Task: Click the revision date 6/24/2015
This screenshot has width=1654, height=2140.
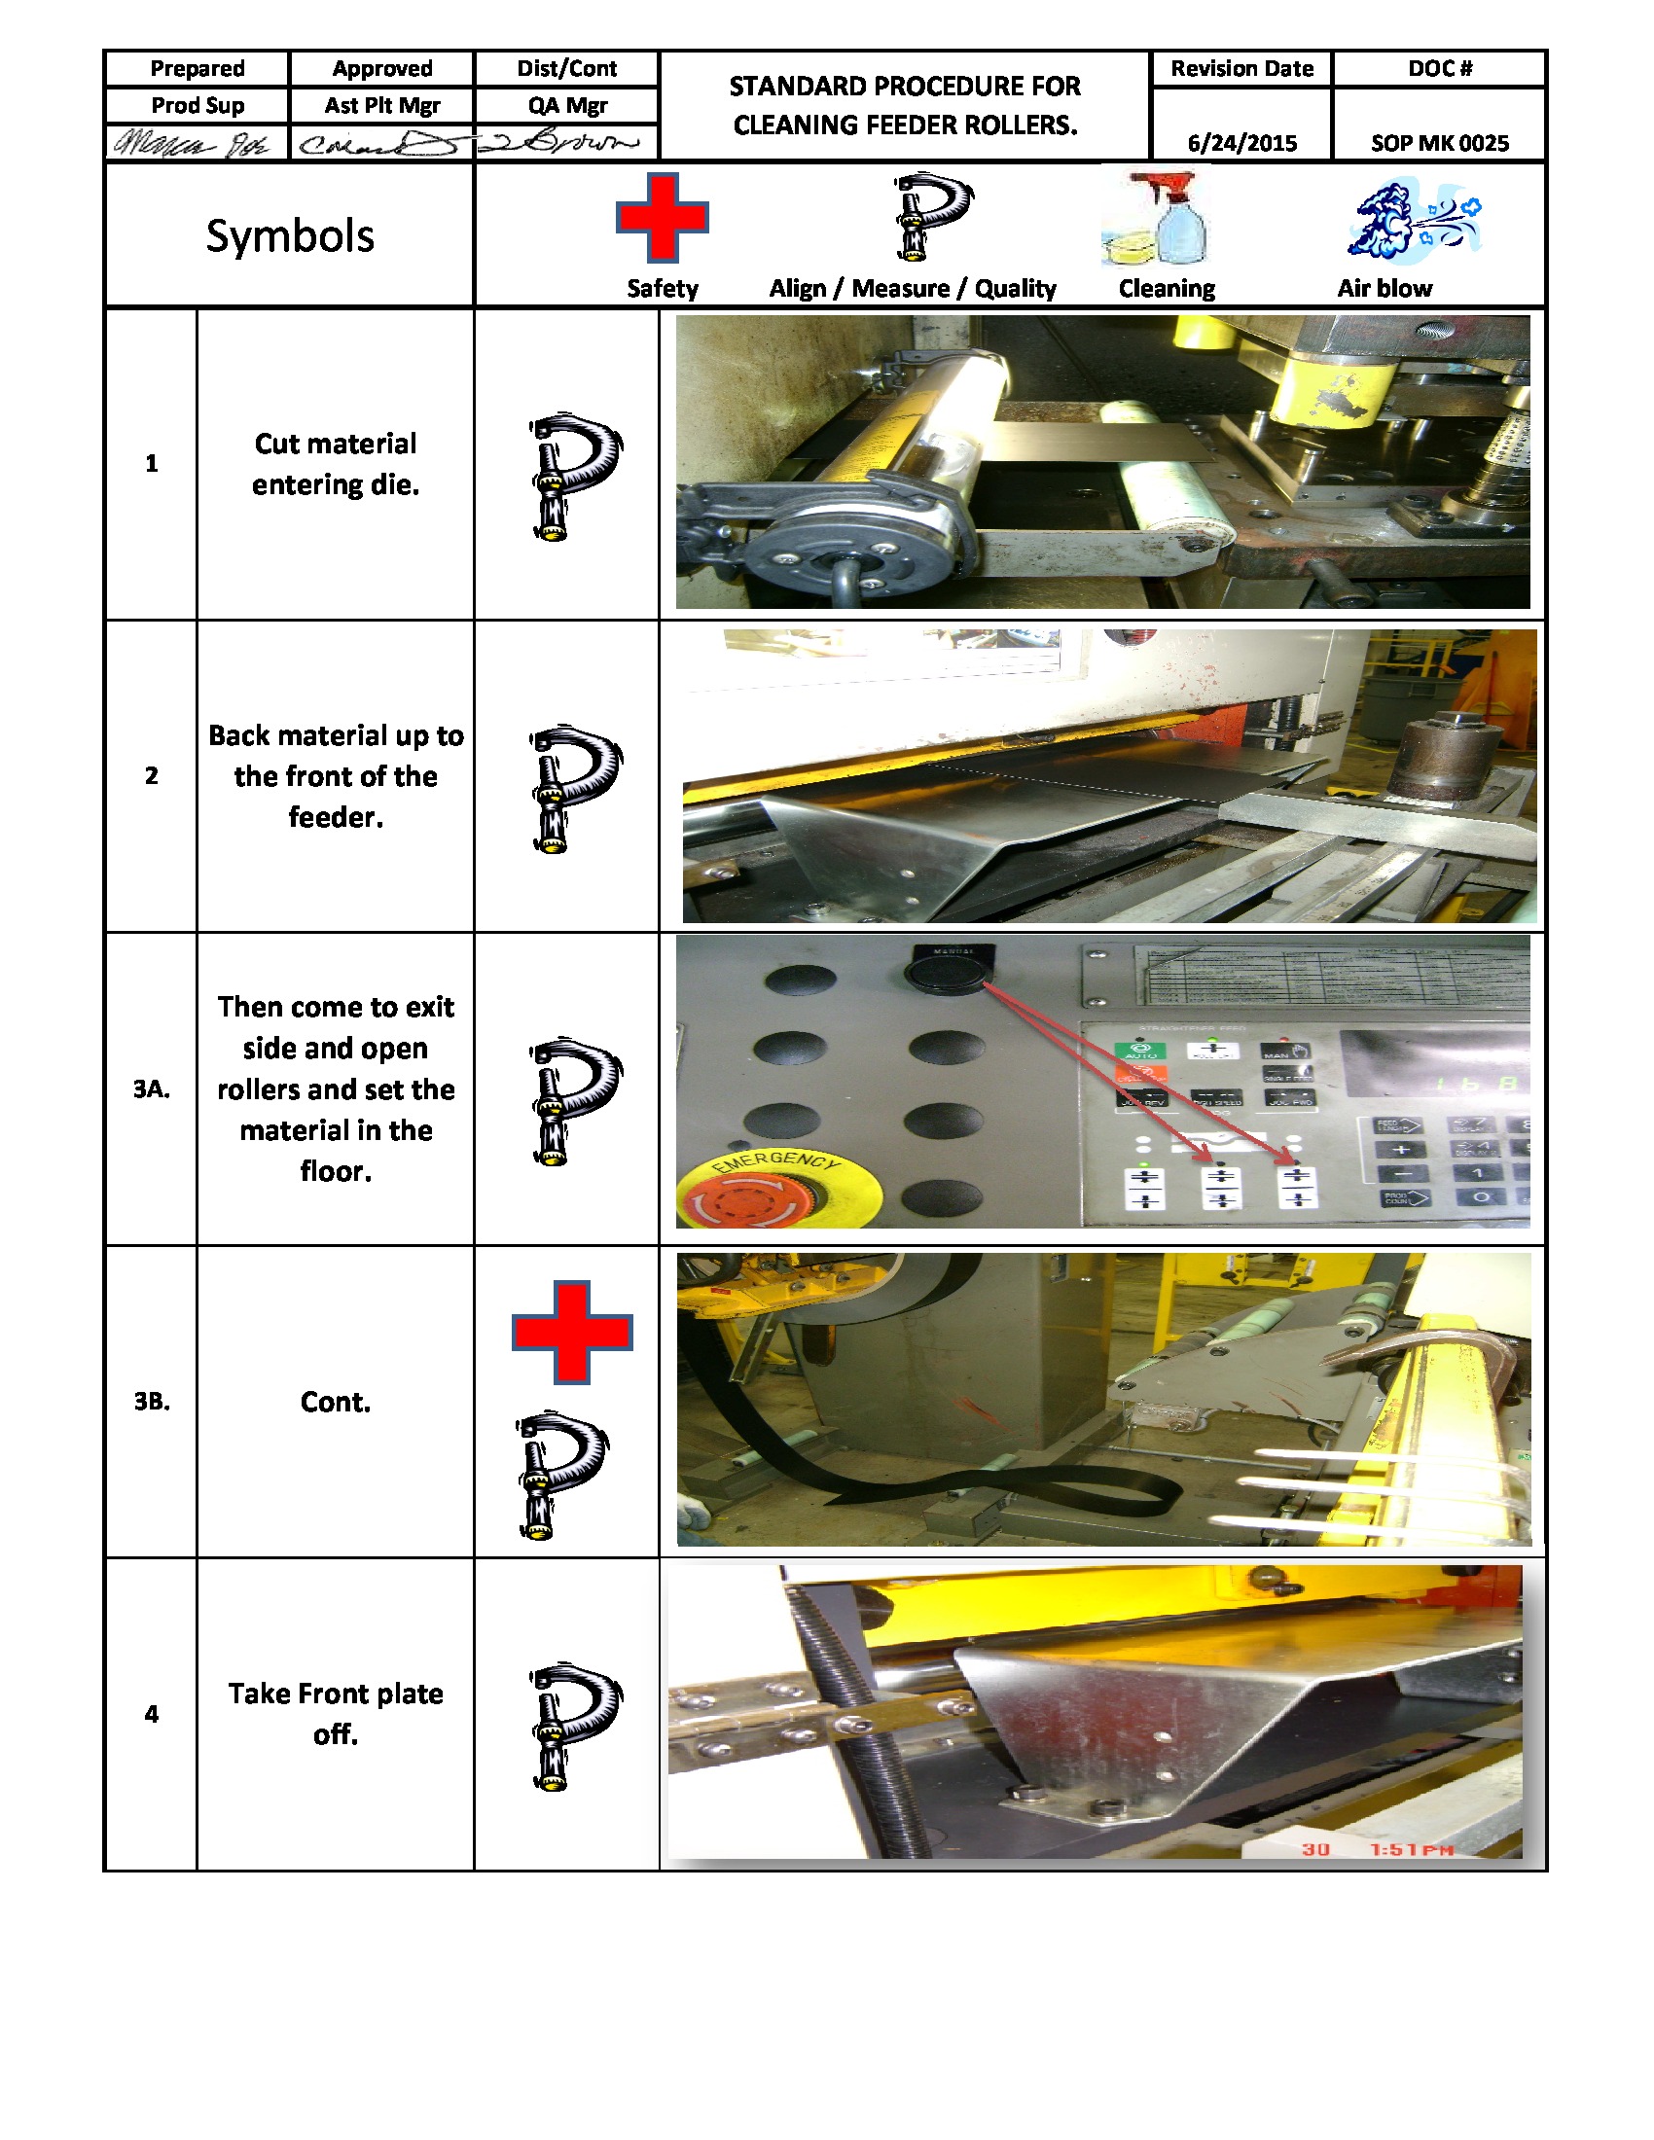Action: pos(1241,143)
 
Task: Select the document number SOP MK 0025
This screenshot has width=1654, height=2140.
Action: pos(1438,143)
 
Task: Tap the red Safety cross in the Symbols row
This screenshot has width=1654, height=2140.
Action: pos(663,218)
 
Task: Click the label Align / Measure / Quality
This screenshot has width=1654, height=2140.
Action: pos(913,288)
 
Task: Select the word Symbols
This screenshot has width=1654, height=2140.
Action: pos(290,236)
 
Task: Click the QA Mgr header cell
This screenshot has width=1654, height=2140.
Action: pos(567,106)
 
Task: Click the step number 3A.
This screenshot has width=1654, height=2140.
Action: pos(152,1088)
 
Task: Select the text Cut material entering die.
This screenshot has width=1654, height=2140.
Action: pos(335,463)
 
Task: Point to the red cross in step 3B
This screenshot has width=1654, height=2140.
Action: pos(572,1332)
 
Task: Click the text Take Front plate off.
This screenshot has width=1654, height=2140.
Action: pos(335,1713)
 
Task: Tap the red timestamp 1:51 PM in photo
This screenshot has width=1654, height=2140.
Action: pos(1411,1849)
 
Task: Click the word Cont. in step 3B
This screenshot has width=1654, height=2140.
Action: pos(335,1401)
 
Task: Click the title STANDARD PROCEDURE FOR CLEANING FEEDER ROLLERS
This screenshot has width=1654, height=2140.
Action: pos(905,106)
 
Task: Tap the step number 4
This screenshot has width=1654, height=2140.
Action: pos(152,1714)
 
